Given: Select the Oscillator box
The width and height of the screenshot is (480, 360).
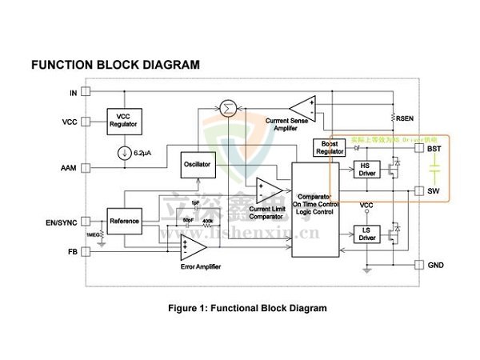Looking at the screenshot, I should [x=197, y=164].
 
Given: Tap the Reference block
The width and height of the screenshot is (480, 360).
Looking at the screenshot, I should [x=124, y=221].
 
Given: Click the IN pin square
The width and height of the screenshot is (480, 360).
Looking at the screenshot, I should [x=86, y=93].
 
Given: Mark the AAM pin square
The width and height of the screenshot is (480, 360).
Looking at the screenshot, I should [x=86, y=168].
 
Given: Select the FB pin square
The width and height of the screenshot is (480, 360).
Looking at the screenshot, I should [x=86, y=250].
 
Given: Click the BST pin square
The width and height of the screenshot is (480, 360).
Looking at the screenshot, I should [x=418, y=149].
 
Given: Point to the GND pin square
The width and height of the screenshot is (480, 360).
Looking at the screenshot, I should [x=418, y=265].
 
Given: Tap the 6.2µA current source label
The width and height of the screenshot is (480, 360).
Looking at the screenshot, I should [x=144, y=153].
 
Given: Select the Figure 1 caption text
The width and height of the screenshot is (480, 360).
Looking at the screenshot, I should [x=246, y=308].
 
